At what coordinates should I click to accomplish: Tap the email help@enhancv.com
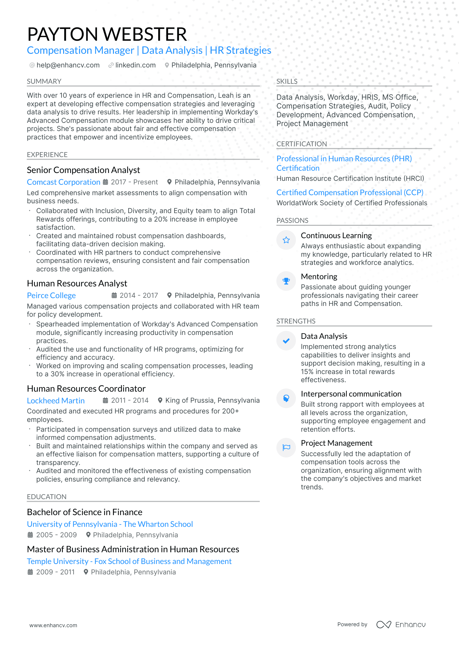(x=68, y=65)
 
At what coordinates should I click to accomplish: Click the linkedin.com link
(x=135, y=65)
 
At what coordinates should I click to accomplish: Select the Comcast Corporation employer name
(x=63, y=182)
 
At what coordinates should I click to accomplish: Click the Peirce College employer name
(x=51, y=296)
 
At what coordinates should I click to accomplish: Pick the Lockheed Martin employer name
(x=56, y=401)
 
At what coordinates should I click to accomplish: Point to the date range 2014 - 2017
(x=138, y=296)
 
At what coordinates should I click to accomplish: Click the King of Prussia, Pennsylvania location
(x=212, y=400)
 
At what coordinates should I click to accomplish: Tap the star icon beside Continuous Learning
(x=286, y=240)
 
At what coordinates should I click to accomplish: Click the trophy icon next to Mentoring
(x=286, y=281)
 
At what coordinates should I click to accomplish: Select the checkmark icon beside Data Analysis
(x=286, y=341)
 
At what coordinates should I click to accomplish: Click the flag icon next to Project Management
(x=286, y=448)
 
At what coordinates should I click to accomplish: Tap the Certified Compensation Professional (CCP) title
(x=350, y=193)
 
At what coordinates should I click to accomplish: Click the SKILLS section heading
(x=287, y=81)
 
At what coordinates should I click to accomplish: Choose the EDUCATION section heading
(x=47, y=497)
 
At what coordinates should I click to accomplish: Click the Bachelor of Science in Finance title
(x=85, y=512)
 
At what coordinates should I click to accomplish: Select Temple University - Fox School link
(x=129, y=561)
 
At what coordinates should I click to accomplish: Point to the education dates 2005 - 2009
(x=56, y=535)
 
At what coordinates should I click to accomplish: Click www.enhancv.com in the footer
(x=53, y=625)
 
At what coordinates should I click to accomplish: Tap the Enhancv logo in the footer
(x=401, y=625)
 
